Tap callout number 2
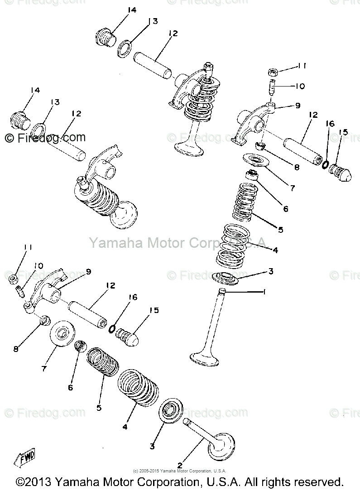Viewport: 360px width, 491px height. tap(180, 465)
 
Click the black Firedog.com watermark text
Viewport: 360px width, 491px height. tap(45, 137)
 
